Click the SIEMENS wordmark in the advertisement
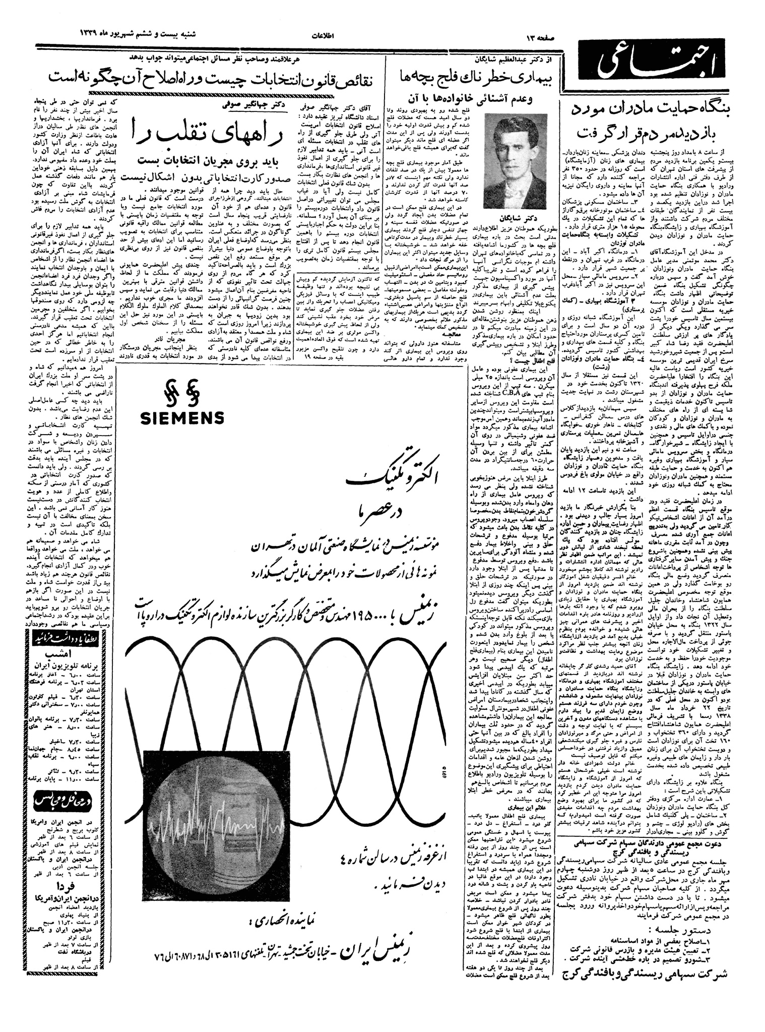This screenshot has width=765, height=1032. (x=182, y=417)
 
